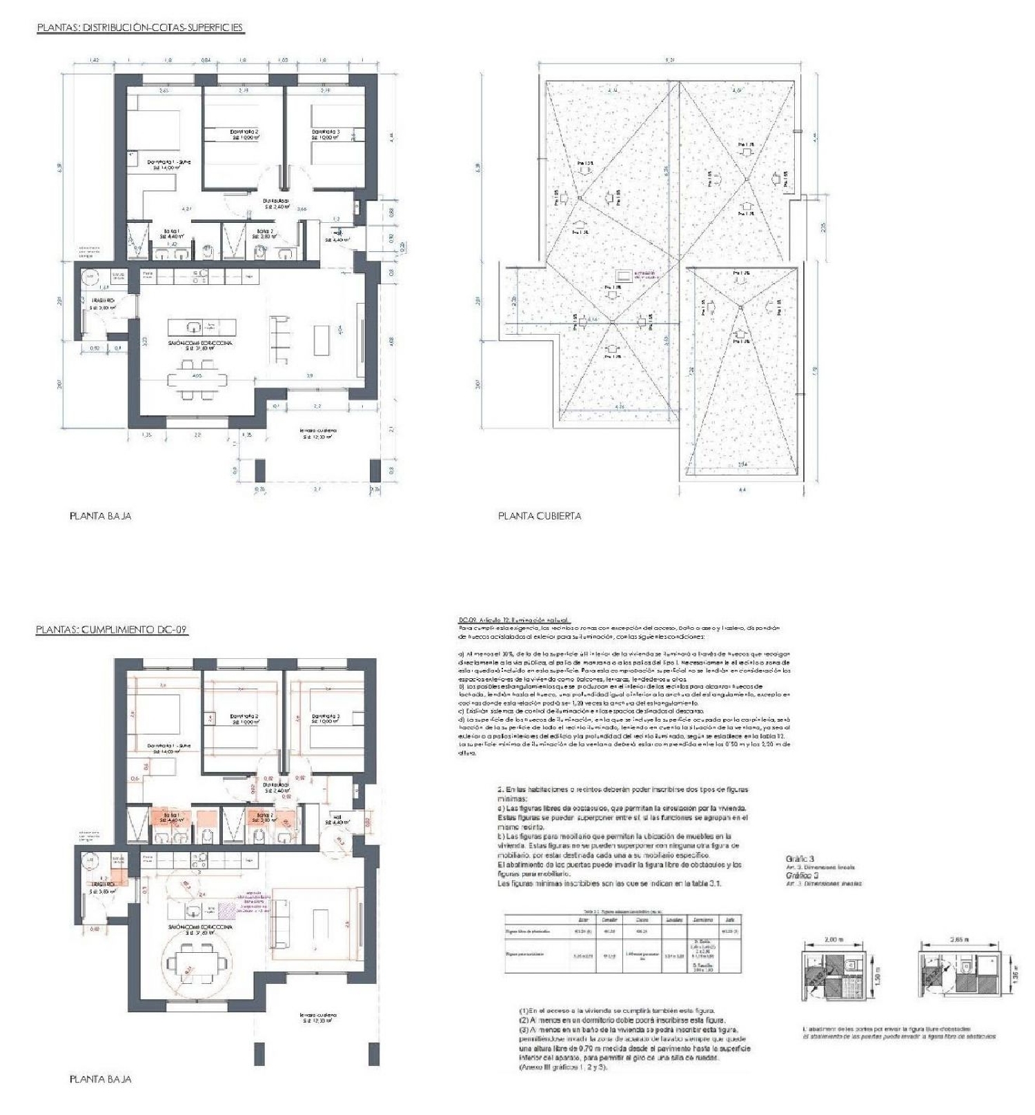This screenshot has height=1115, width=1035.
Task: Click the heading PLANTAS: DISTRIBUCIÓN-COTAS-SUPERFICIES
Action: [x=140, y=28]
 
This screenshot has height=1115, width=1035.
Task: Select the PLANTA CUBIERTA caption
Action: [x=540, y=515]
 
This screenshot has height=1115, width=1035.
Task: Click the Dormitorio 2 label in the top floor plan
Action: [x=244, y=134]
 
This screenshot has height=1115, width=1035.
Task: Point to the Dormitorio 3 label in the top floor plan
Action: [x=326, y=134]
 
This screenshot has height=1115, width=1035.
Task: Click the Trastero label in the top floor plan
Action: [x=103, y=304]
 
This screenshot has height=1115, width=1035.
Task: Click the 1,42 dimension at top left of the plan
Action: [x=95, y=61]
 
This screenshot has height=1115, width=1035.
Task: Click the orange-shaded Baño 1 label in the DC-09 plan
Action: [x=170, y=818]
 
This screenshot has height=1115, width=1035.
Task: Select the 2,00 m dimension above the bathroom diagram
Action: [x=834, y=939]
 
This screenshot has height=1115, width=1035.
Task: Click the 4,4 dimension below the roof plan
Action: [x=742, y=489]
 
